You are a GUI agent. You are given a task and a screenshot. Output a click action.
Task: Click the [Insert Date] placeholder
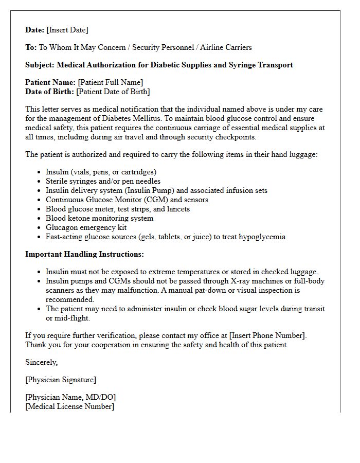(67, 30)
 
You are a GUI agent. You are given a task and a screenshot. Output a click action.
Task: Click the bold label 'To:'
(31, 47)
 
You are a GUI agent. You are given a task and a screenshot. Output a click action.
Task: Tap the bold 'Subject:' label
(40, 65)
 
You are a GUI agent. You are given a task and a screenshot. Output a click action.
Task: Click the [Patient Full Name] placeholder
(110, 82)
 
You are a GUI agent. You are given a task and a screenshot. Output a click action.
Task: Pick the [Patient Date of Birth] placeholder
(113, 92)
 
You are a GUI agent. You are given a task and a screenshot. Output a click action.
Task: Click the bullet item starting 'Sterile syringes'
(103, 181)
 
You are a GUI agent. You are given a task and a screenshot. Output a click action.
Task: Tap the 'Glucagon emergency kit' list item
(86, 227)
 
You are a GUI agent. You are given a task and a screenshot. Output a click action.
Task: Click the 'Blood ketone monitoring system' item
(99, 218)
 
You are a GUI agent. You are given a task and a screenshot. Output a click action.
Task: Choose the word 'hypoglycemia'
(263, 237)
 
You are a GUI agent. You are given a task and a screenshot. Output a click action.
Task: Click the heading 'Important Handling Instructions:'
(85, 254)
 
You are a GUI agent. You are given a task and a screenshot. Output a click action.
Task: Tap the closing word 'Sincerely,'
(42, 362)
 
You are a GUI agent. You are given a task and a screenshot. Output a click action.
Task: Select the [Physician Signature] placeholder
(61, 380)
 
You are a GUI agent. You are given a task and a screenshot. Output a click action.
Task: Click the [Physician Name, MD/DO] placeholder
(70, 397)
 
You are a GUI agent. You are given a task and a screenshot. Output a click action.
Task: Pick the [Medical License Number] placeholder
(70, 406)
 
